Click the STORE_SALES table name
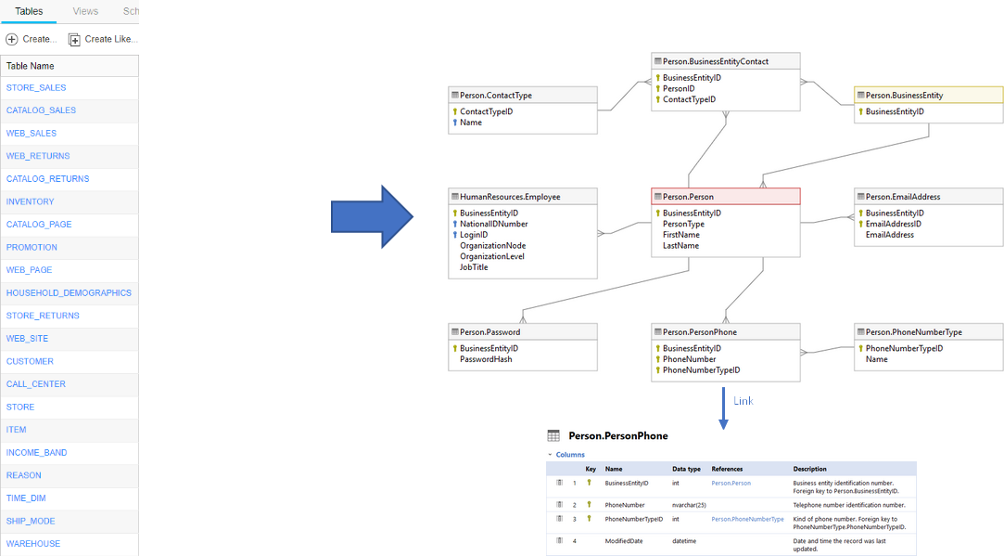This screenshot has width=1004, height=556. [x=36, y=88]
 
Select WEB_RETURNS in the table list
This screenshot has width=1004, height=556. [x=38, y=156]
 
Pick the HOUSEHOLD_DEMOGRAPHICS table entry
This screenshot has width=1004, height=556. [x=69, y=293]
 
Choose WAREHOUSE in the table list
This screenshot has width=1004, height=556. [x=33, y=544]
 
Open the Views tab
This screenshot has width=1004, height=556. [x=85, y=11]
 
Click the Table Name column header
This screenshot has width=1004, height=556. [x=31, y=66]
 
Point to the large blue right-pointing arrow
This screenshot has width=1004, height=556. [x=372, y=217]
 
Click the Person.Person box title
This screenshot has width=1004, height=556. [x=688, y=197]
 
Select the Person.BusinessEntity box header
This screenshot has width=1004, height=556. [x=904, y=95]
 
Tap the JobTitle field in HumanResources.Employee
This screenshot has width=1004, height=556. [x=474, y=267]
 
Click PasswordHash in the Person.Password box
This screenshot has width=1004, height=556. [x=486, y=359]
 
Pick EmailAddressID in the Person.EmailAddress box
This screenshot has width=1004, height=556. [x=893, y=224]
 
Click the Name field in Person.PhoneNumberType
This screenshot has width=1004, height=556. [x=876, y=359]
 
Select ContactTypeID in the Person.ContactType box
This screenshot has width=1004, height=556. [x=486, y=111]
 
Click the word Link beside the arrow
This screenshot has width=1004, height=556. [x=743, y=401]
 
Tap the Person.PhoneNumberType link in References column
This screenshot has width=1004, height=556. [x=747, y=519]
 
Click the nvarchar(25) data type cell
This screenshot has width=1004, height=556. [x=690, y=505]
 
